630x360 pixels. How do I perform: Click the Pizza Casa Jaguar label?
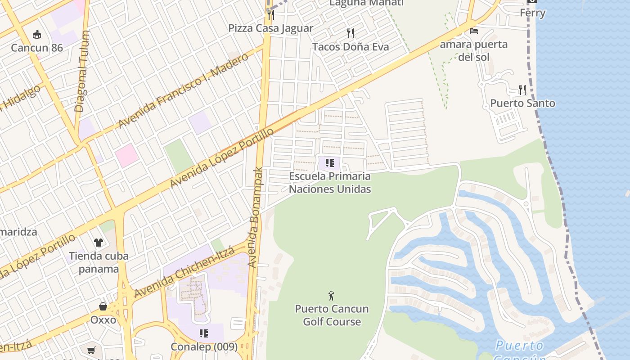pyautogui.click(x=270, y=28)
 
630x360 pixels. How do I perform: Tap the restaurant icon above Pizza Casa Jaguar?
pyautogui.click(x=270, y=14)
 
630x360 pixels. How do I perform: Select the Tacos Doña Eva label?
pyautogui.click(x=350, y=46)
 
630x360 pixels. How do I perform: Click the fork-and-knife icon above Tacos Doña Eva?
pyautogui.click(x=351, y=33)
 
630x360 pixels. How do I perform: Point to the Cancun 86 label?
pyautogui.click(x=37, y=48)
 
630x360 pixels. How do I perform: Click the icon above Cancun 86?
pyautogui.click(x=37, y=34)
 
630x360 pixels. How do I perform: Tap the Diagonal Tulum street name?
pyautogui.click(x=82, y=71)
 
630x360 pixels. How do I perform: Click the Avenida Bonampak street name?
pyautogui.click(x=255, y=218)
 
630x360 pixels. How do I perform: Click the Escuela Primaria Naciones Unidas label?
pyautogui.click(x=330, y=182)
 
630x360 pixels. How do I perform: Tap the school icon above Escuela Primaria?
pyautogui.click(x=330, y=162)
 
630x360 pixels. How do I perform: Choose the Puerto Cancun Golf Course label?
pyautogui.click(x=332, y=315)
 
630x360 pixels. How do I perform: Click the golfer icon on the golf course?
pyautogui.click(x=332, y=296)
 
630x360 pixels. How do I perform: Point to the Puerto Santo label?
pyautogui.click(x=522, y=103)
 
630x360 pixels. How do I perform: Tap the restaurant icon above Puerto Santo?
pyautogui.click(x=522, y=90)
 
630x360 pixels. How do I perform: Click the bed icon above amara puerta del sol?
pyautogui.click(x=473, y=31)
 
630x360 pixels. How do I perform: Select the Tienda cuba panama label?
pyautogui.click(x=99, y=262)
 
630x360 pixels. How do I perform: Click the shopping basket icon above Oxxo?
pyautogui.click(x=103, y=306)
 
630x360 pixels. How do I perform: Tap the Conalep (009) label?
pyautogui.click(x=204, y=347)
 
